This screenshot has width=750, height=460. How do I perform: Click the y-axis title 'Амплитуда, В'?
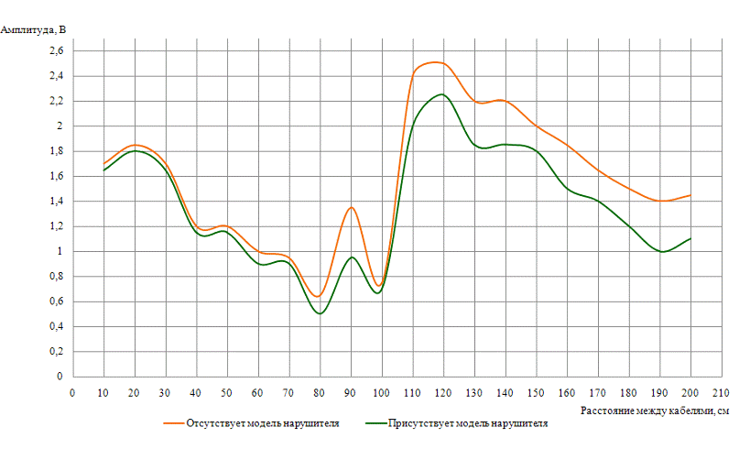(34, 29)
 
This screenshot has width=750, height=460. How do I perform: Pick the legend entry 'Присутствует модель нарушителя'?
(467, 424)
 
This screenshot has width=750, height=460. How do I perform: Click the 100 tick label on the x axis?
(381, 394)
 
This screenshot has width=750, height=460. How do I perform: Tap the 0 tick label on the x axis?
(73, 394)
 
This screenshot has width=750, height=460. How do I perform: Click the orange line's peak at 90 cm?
(351, 207)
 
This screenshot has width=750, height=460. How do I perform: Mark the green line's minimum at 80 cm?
(320, 313)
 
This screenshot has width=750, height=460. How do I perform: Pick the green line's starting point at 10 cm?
(104, 170)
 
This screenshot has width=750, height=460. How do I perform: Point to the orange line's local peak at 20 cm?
(136, 145)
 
